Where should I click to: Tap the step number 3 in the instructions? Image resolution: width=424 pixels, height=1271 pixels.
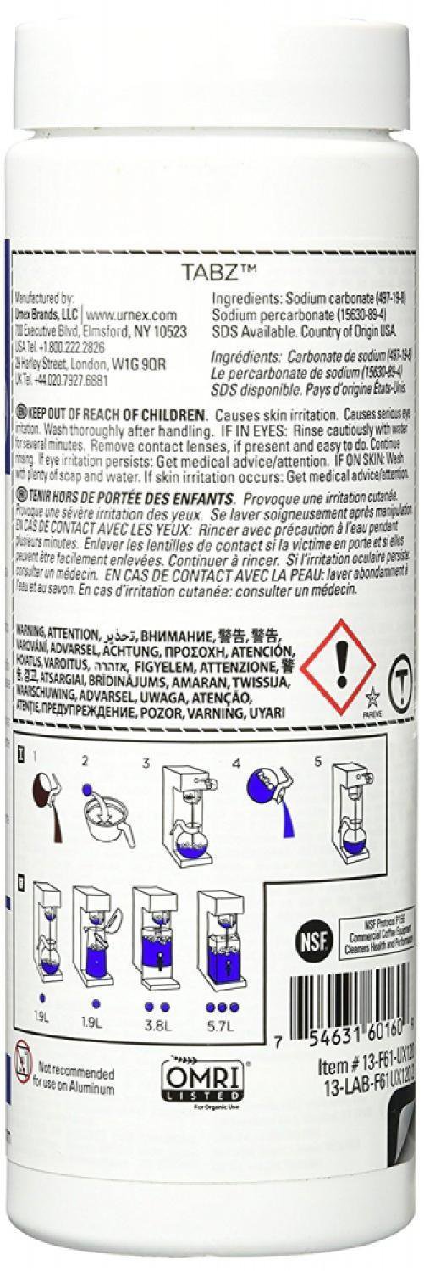[x=146, y=717]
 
